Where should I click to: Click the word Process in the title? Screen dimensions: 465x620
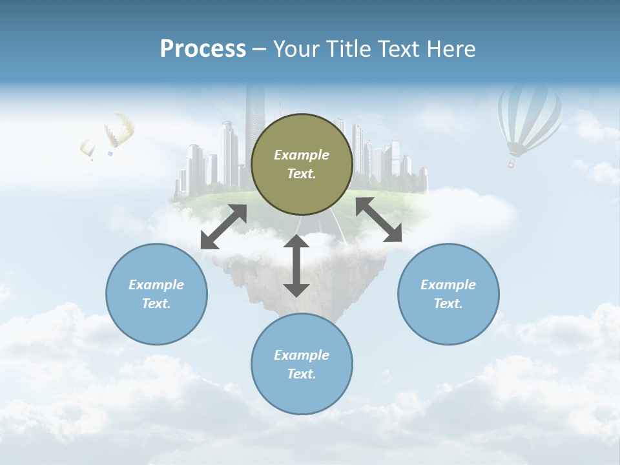(203, 49)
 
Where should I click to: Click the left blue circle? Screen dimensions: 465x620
(156, 294)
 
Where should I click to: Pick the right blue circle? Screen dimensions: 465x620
(448, 294)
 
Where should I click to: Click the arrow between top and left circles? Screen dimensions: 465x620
(224, 227)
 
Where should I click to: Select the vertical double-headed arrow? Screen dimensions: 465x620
(296, 265)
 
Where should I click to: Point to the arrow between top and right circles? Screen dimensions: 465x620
(378, 220)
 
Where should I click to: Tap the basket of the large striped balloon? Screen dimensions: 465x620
(512, 164)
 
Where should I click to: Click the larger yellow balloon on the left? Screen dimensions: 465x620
(119, 129)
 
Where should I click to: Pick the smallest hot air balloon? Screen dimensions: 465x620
(88, 149)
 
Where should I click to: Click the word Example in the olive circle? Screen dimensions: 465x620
(302, 155)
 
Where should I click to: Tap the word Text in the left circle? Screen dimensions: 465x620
(156, 304)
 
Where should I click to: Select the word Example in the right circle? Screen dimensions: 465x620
(448, 285)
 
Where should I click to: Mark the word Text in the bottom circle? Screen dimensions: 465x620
(302, 374)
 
